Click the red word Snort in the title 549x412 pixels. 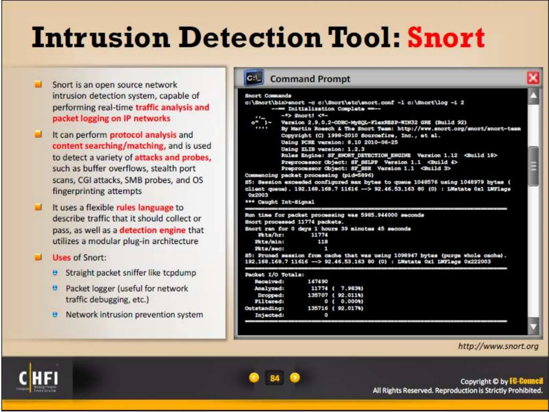446,37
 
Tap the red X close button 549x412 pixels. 533,78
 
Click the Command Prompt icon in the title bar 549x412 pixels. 254,78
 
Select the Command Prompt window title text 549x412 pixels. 310,79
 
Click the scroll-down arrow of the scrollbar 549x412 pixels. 533,326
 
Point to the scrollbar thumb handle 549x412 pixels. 533,167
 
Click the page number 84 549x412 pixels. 274,378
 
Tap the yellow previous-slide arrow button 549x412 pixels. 254,378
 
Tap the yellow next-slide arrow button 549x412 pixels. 295,378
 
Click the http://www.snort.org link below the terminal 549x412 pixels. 498,346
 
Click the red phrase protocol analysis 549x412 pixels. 143,135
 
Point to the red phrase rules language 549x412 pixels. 145,207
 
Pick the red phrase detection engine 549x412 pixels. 152,230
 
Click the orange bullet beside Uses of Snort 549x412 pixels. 38,257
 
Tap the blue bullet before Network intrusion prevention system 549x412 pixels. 55,314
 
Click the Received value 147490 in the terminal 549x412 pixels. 318,281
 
